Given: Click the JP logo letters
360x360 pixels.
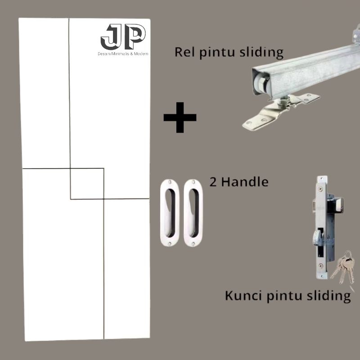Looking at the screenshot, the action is tap(123, 37).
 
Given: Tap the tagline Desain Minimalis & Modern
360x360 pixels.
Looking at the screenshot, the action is tap(123, 54).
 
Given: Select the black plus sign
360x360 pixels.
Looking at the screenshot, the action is tap(180, 117).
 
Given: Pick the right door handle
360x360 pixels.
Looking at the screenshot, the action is tap(193, 213).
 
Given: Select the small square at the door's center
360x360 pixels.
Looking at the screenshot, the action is tap(87, 183).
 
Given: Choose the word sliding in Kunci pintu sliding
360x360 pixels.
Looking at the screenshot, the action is tap(328, 296).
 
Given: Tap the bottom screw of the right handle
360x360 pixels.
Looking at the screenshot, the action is tap(193, 243).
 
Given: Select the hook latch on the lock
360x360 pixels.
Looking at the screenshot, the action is tap(317, 236).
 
